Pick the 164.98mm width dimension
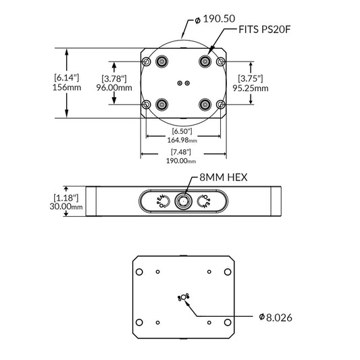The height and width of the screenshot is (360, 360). pyautogui.click(x=182, y=140)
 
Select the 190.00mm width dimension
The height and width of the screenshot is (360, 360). pyautogui.click(x=182, y=161)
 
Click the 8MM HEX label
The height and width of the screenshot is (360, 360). pyautogui.click(x=219, y=177)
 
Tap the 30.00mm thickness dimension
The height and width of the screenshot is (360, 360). pyautogui.click(x=67, y=207)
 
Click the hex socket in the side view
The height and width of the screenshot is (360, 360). pyautogui.click(x=182, y=201)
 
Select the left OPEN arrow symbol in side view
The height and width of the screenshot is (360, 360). pyautogui.click(x=162, y=201)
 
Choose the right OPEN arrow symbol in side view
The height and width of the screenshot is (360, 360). pyautogui.click(x=203, y=201)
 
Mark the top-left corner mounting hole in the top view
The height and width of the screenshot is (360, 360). pyautogui.click(x=147, y=62)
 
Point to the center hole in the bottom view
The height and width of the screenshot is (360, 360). pyautogui.click(x=182, y=297)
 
